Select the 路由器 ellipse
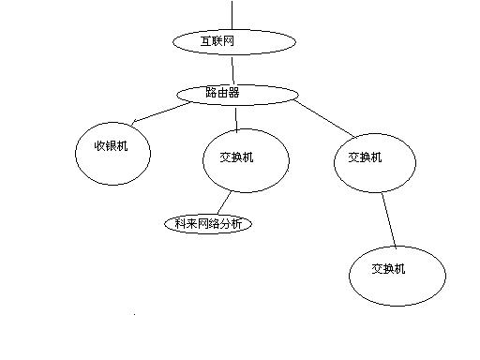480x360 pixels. click(237, 94)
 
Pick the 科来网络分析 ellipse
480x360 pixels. click(208, 224)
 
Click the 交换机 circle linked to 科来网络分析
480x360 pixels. click(246, 161)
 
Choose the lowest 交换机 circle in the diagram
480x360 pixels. click(397, 275)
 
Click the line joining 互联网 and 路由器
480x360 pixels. click(233, 67)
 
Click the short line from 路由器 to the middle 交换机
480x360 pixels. click(236, 116)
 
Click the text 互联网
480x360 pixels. click(218, 41)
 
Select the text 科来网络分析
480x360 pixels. click(208, 224)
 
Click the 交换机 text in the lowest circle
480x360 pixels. click(389, 269)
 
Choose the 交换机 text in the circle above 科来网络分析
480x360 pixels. click(235, 157)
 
